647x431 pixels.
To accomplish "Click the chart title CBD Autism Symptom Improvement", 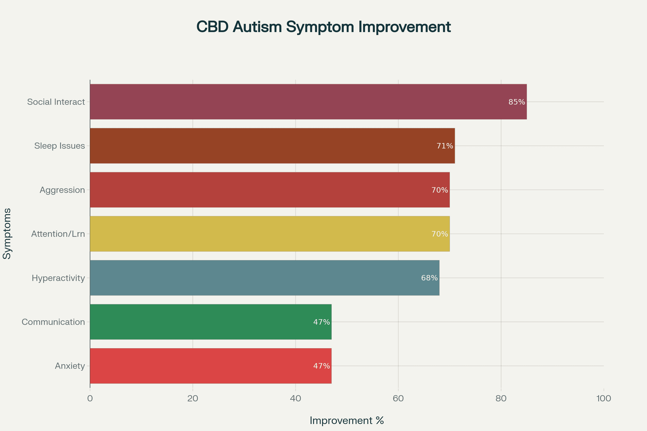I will [x=323, y=27].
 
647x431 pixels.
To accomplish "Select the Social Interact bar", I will [x=308, y=102].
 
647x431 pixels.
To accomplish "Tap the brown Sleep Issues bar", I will [x=272, y=146].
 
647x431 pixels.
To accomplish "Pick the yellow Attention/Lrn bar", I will [x=270, y=234].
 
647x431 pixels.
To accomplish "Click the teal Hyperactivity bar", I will [x=264, y=278].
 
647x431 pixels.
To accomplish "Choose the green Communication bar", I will [x=211, y=322].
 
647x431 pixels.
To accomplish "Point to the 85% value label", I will [x=517, y=102].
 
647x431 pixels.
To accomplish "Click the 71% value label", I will [x=445, y=146].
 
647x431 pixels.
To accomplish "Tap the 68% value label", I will [x=429, y=278].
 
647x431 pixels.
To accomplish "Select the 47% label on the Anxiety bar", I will [x=321, y=366].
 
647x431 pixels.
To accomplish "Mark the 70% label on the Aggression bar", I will [x=440, y=190].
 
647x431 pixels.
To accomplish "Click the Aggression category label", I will [x=62, y=190].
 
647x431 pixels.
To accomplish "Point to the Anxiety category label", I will [x=70, y=366].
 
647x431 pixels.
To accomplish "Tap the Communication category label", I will [x=53, y=322].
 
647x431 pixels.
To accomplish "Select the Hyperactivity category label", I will [x=58, y=278].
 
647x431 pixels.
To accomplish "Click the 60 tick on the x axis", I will [x=398, y=398].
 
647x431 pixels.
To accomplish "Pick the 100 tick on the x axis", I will [x=604, y=398].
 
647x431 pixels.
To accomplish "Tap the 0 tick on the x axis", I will [x=90, y=398].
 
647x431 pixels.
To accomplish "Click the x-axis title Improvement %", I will [x=347, y=420].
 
